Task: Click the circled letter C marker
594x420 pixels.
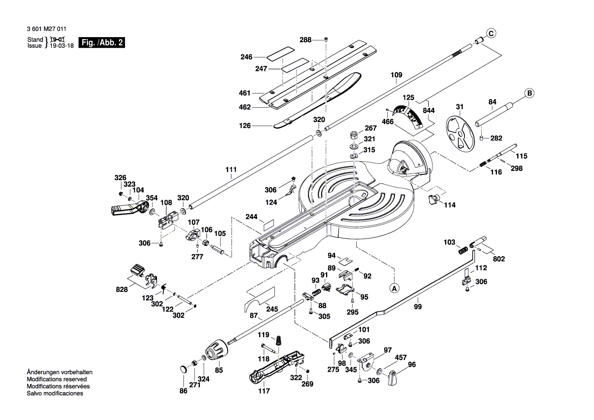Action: [x=490, y=34]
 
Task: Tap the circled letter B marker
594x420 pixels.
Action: [x=529, y=93]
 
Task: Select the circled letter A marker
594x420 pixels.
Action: [x=394, y=288]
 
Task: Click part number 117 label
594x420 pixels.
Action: [x=264, y=391]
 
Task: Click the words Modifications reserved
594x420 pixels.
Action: [x=56, y=379]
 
